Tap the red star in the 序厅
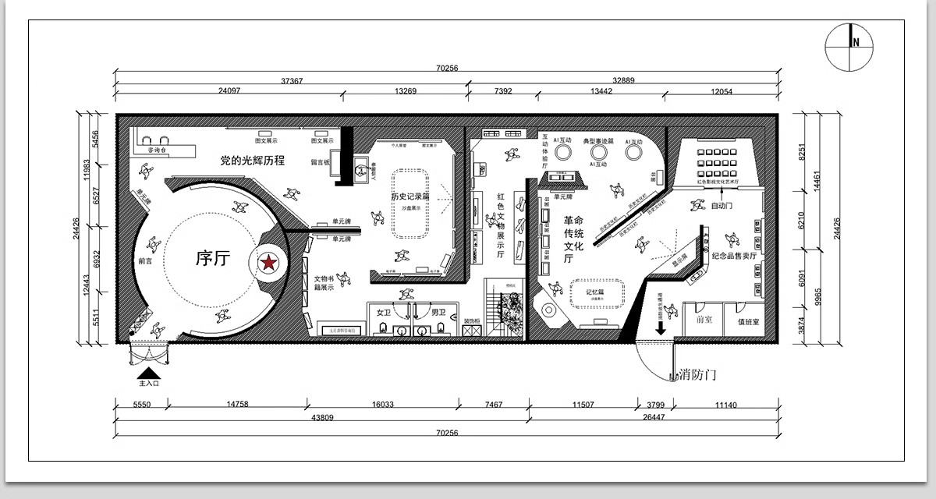(x=268, y=264)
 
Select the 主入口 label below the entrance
(x=149, y=384)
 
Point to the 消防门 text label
(x=692, y=375)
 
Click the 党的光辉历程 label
(x=252, y=161)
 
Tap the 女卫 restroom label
(x=383, y=312)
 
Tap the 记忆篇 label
(x=596, y=292)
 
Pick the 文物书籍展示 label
(x=324, y=282)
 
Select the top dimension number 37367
(x=292, y=80)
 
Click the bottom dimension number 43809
(x=322, y=418)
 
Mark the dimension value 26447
(x=654, y=418)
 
